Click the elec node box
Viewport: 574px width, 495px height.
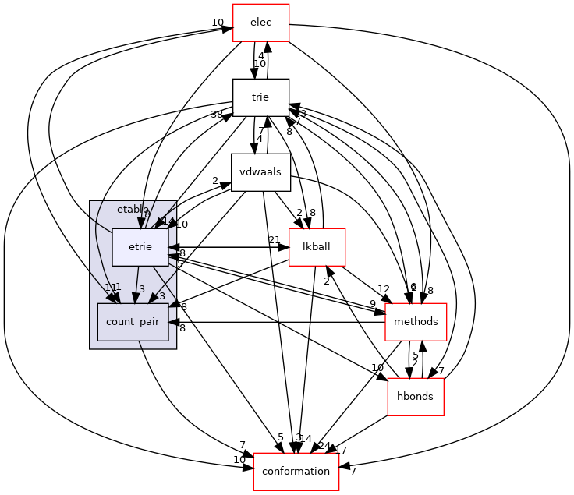[x=261, y=23]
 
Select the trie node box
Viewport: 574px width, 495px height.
[x=260, y=97]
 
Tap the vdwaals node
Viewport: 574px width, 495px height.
[x=260, y=172]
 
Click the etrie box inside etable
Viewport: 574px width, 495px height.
[x=140, y=247]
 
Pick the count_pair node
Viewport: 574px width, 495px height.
[x=133, y=322]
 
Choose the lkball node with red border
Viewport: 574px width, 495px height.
[x=317, y=247]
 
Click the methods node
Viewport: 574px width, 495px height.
[x=416, y=322]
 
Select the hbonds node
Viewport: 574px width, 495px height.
[x=416, y=397]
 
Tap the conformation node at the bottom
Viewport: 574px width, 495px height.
[x=296, y=472]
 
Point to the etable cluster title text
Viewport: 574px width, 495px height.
[x=133, y=209]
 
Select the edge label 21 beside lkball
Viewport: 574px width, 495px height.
[x=274, y=239]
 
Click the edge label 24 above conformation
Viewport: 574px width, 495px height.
[x=324, y=446]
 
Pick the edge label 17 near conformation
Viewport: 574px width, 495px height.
[x=341, y=450]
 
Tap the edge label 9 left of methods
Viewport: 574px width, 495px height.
[x=372, y=304]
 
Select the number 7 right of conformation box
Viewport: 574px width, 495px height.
[x=353, y=472]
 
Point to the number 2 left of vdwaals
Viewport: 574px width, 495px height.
[x=214, y=180]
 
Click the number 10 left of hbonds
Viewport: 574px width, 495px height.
[x=377, y=367]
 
